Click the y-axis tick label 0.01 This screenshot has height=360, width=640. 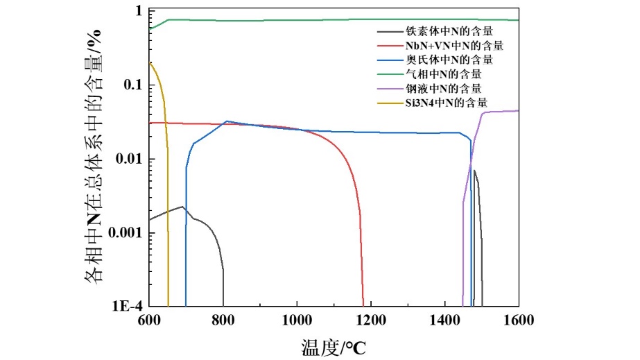point(129,159)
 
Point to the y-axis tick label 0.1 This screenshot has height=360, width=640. point(132,85)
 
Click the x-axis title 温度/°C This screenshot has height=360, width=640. point(333,346)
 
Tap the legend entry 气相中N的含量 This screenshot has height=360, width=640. point(443,74)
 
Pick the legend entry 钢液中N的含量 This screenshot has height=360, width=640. point(443,88)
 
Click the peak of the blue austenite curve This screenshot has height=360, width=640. point(227,121)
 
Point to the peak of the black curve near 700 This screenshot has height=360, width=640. point(182,207)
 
